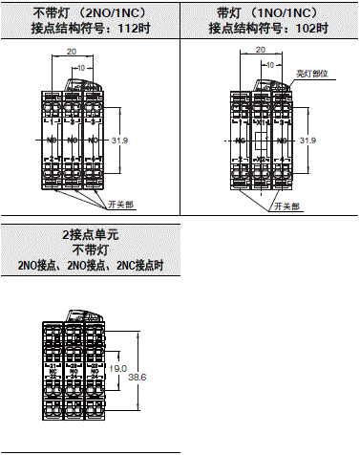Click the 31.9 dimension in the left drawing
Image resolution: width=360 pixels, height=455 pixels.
[119, 141]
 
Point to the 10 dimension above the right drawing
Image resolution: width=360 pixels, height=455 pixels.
[270, 69]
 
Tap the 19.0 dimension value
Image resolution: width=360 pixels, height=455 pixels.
[118, 368]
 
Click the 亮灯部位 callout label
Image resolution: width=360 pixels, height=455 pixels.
[311, 73]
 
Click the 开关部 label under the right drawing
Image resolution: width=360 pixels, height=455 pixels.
[287, 206]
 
